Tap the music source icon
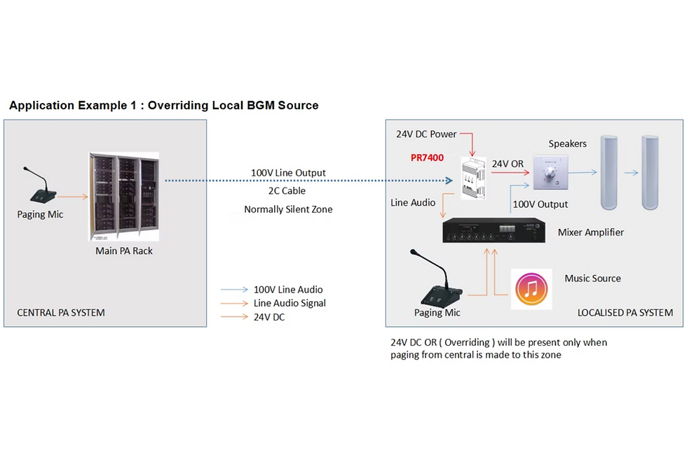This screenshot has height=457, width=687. pos(531,289)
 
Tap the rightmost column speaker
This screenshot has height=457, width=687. pos(651,174)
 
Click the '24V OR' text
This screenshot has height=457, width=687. pos(508,164)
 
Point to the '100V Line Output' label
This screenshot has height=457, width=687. pos(288,173)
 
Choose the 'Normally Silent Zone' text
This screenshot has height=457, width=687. pos(288,209)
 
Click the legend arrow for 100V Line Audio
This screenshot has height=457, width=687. pos(234,290)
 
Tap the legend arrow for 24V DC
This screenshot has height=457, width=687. pos(234,317)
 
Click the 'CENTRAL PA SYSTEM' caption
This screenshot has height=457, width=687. pos(61,313)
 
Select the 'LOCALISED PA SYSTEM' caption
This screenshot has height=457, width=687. pos(625,313)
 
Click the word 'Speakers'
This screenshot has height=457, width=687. pos(567,143)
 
